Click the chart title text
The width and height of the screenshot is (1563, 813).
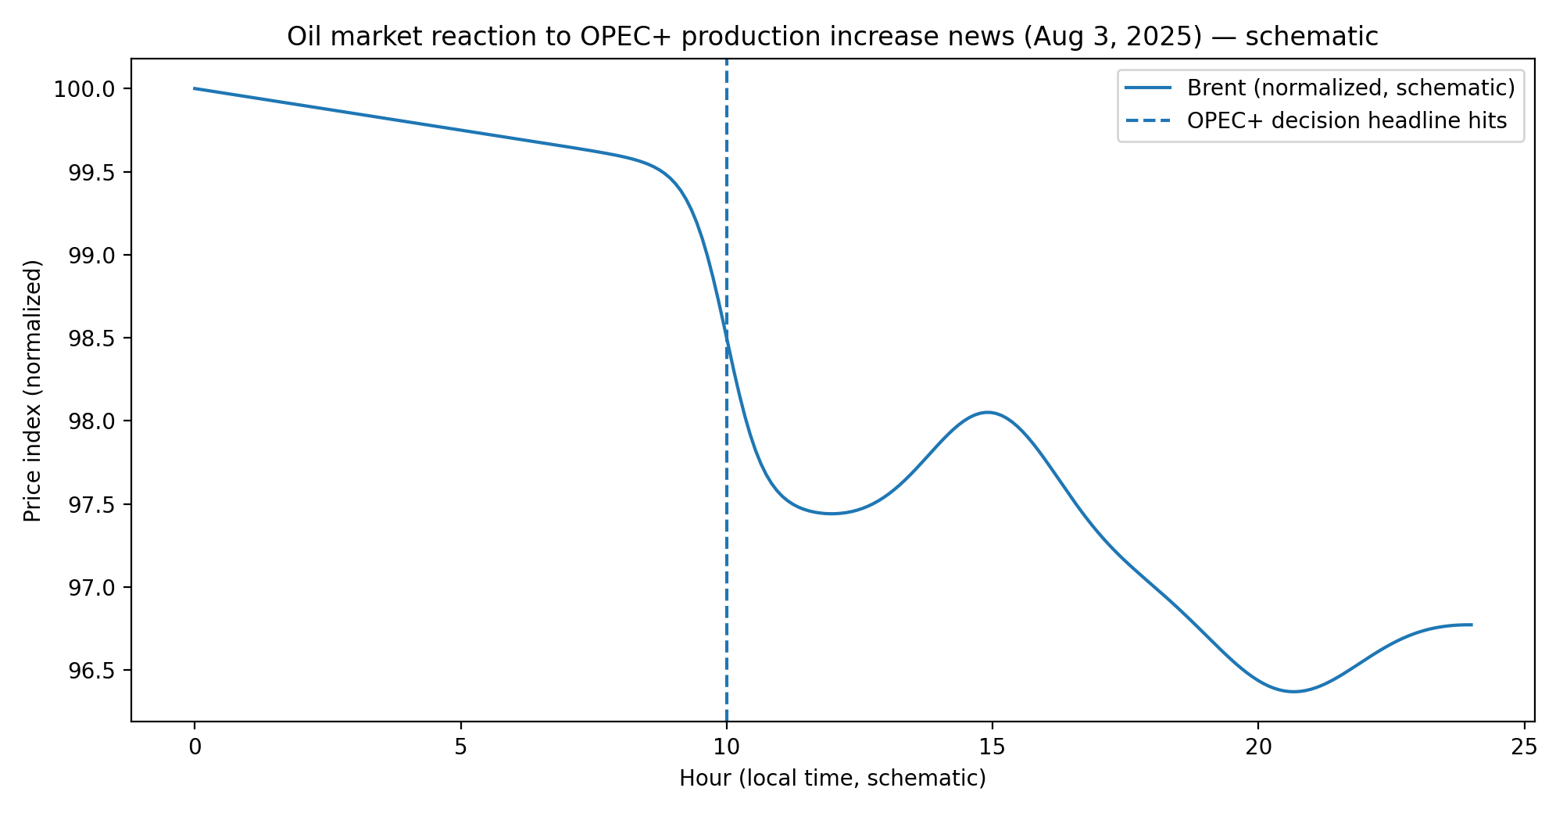[832, 37]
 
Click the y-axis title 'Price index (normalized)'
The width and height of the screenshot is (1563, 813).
[32, 391]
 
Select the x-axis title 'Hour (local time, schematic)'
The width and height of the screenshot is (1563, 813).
[832, 779]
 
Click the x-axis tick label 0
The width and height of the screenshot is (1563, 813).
[195, 747]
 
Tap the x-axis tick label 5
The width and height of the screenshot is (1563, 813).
[460, 747]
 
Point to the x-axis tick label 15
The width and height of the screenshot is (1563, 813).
[993, 747]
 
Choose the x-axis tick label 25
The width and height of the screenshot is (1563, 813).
[1524, 747]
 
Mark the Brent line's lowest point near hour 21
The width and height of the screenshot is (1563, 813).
[1293, 692]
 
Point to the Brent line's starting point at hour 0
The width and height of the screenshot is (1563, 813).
[195, 88]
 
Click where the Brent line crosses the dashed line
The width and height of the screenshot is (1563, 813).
[727, 338]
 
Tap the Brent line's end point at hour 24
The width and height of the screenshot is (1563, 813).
[1472, 625]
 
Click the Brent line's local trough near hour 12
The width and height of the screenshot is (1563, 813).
[832, 514]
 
